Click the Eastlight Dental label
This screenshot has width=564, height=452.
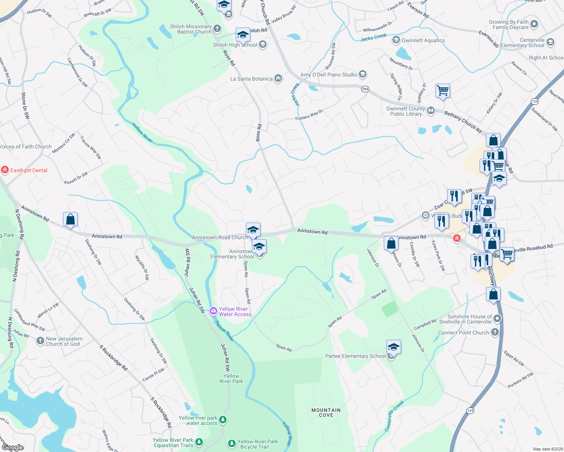(29, 170)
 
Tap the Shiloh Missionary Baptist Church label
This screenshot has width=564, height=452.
(191, 29)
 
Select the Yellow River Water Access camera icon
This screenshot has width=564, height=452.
(213, 311)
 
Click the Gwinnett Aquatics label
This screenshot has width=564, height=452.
(423, 40)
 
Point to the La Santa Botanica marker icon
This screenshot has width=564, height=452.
(278, 78)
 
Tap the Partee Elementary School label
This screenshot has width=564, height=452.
(355, 356)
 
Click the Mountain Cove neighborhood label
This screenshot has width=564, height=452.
(326, 412)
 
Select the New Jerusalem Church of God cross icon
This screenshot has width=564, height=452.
(40, 341)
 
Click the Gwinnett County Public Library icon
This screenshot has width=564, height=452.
(431, 111)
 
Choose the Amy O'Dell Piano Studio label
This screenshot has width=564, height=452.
(328, 75)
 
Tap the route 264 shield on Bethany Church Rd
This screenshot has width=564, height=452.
(365, 89)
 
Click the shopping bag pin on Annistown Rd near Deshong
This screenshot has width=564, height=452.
(70, 219)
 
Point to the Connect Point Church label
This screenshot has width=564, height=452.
(463, 333)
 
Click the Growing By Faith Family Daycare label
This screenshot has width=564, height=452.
(509, 24)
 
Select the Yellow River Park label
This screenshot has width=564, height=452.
(231, 379)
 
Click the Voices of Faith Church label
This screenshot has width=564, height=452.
(26, 147)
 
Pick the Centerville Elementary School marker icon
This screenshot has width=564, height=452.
(550, 42)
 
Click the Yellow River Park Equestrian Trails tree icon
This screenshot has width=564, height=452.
(199, 441)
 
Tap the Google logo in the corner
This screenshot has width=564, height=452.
(12, 447)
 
